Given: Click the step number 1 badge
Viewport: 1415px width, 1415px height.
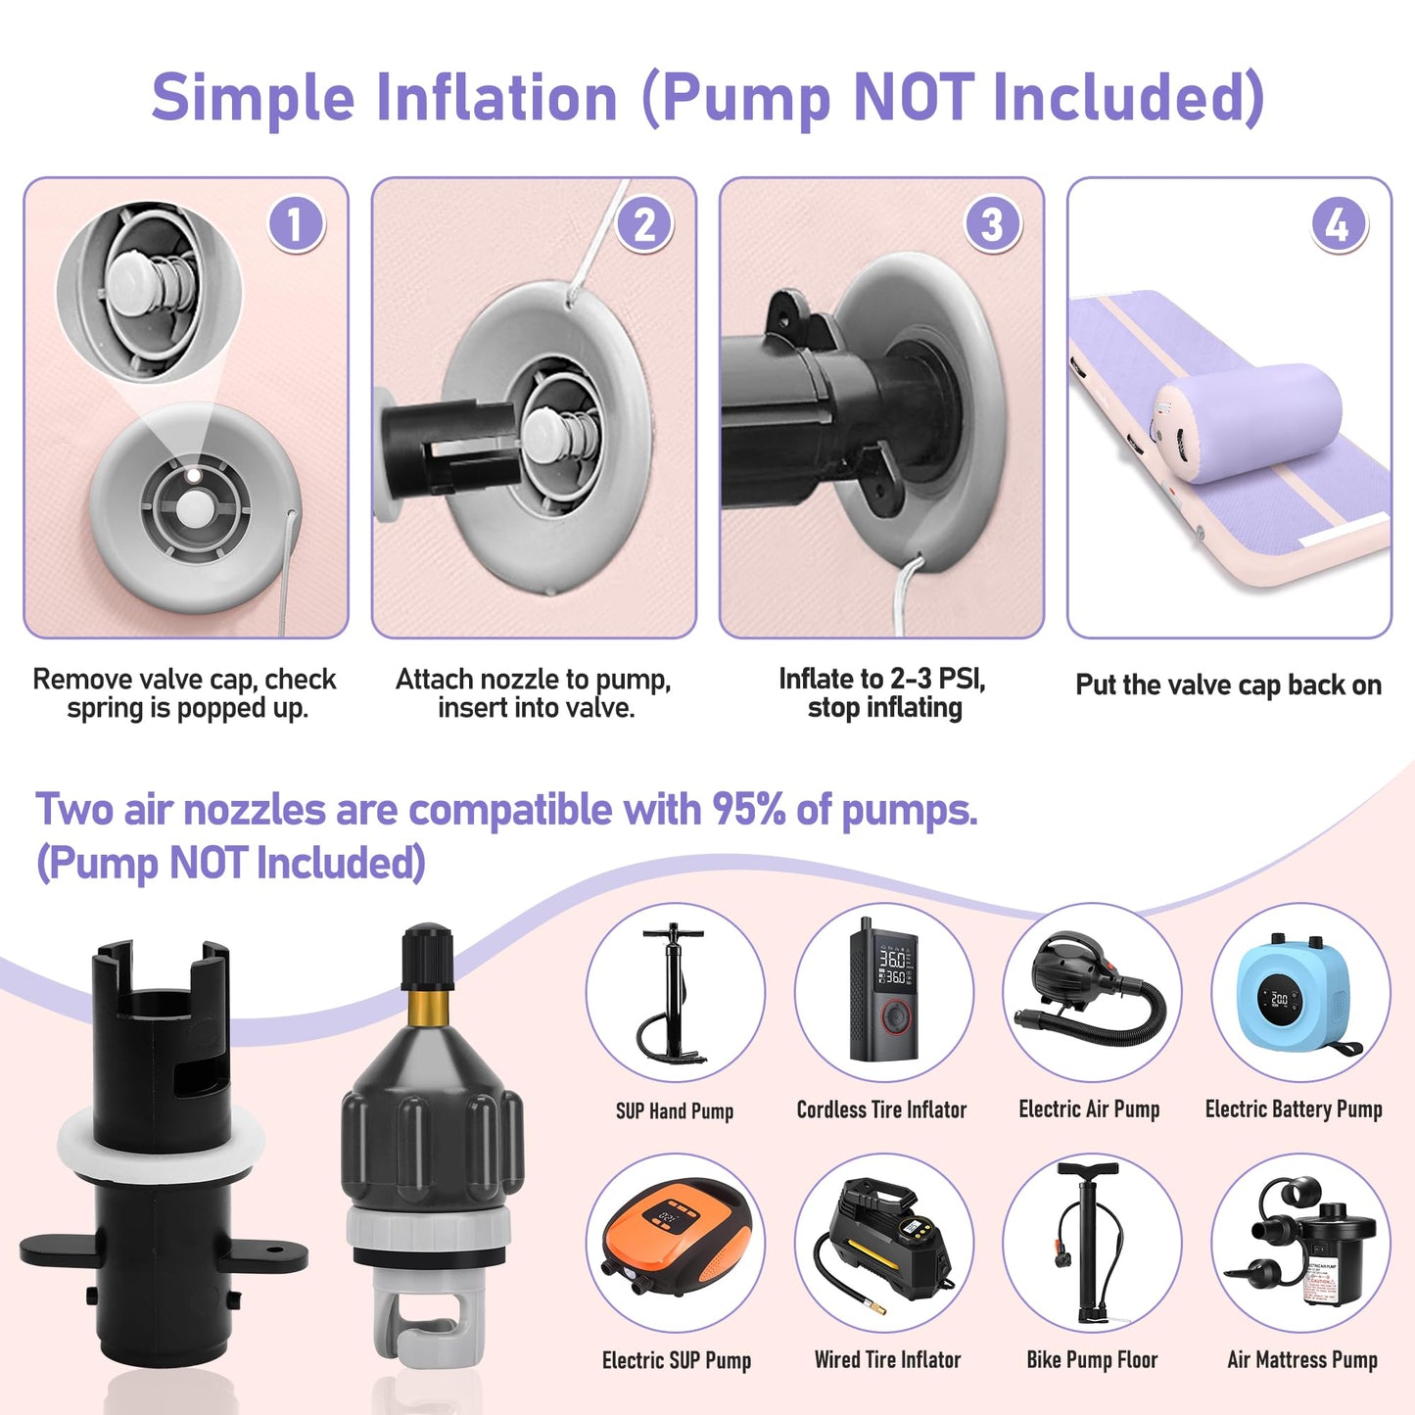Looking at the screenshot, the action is [295, 224].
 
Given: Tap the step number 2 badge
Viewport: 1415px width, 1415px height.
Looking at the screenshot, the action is [643, 224].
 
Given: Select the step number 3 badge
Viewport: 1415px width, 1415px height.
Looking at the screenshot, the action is [991, 224].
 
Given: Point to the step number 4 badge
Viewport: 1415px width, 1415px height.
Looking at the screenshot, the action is [1339, 224].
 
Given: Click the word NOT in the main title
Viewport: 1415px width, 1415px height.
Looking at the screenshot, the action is [915, 97].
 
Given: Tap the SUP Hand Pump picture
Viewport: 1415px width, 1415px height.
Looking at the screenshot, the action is [674, 993].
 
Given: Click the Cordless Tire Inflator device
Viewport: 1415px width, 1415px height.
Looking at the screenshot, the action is [883, 988].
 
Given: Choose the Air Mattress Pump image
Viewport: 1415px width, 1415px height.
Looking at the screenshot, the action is [1299, 1241].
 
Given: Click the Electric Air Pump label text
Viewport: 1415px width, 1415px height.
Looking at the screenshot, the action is [1089, 1108].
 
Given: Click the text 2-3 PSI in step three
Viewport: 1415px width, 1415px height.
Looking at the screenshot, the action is [936, 680].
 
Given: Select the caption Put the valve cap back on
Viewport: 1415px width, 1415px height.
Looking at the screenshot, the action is [1229, 684].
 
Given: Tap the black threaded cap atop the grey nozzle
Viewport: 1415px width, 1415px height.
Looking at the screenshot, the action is [427, 956].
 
